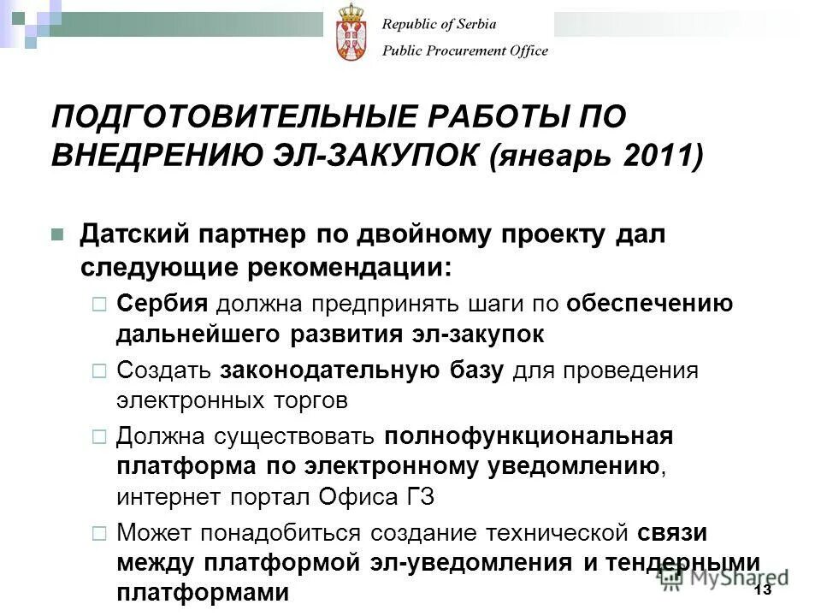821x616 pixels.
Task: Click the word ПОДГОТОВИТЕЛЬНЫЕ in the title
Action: pos(215,115)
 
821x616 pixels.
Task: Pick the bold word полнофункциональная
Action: pos(529,435)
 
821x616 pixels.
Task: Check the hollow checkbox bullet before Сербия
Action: pos(98,303)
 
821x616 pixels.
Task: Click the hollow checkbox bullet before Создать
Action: pos(98,371)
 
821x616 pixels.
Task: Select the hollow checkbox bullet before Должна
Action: pos(98,436)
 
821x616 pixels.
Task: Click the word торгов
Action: pos(309,400)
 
